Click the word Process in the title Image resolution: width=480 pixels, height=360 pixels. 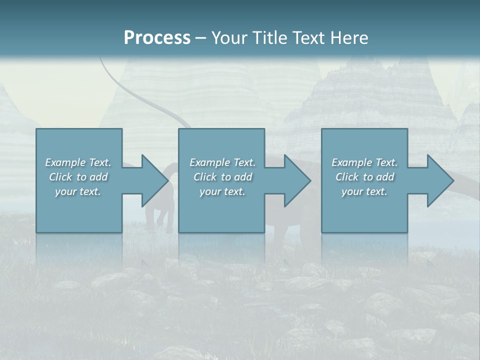[x=157, y=37]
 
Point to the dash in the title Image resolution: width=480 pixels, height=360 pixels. [x=200, y=38]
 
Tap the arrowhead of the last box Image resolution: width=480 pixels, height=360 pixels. [x=439, y=180]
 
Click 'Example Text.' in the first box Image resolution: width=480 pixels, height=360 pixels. [x=78, y=162]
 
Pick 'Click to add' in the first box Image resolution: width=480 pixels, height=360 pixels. [x=78, y=177]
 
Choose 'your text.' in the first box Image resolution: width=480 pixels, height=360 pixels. [x=78, y=191]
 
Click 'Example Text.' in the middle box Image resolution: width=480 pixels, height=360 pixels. [x=222, y=162]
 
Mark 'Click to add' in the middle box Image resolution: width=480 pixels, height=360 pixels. [x=222, y=177]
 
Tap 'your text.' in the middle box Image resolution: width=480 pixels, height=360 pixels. [x=222, y=191]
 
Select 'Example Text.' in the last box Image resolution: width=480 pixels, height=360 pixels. [x=364, y=162]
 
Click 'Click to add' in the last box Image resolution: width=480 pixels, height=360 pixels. [x=364, y=177]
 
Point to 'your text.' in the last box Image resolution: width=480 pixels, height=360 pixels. [x=364, y=191]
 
